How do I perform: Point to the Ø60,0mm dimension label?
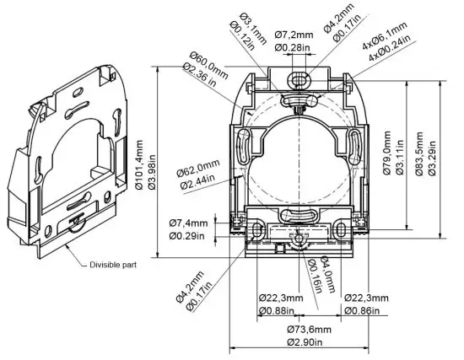coord(208,59)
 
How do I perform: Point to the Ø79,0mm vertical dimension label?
coord(389,153)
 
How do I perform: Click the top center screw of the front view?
coord(295,79)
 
